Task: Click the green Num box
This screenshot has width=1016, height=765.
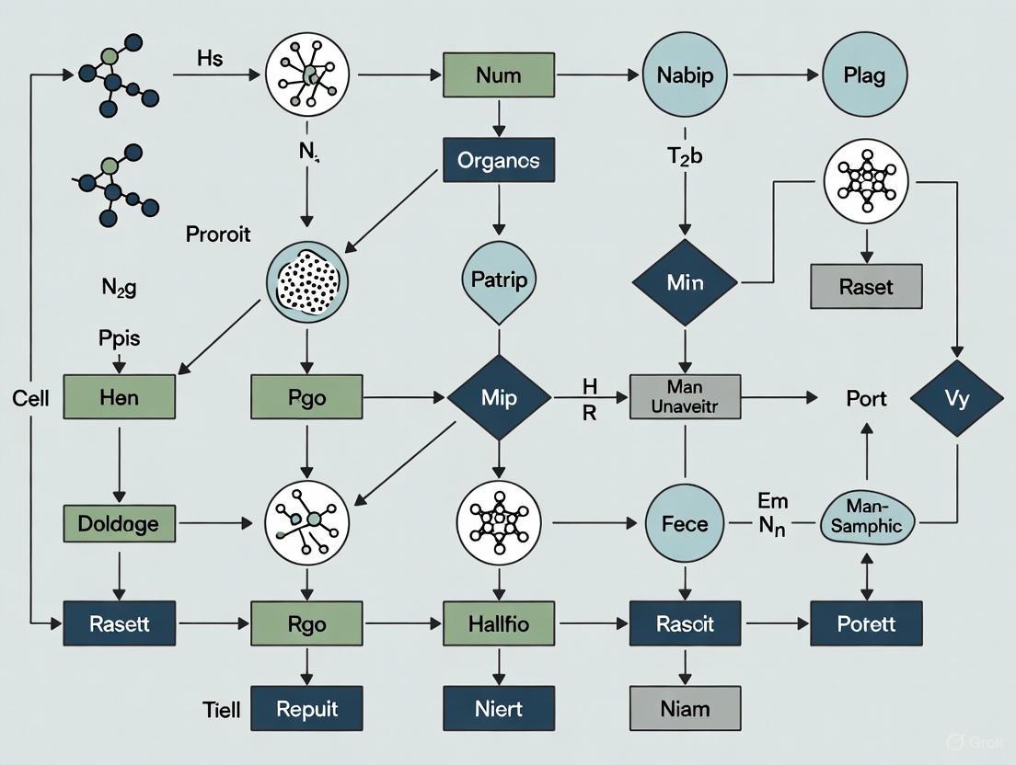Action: [498, 74]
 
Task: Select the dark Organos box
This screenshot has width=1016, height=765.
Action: [498, 160]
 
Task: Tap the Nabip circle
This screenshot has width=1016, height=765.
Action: [684, 75]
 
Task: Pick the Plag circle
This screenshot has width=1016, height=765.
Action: [864, 75]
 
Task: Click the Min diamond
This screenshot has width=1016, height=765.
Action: [684, 282]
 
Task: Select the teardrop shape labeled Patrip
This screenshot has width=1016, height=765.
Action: [498, 280]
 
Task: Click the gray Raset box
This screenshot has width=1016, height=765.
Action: [866, 286]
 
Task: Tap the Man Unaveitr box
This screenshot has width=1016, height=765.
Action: [685, 397]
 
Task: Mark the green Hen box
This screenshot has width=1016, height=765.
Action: [120, 397]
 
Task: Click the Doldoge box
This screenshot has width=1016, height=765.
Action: [119, 524]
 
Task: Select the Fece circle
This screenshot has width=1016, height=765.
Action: [685, 524]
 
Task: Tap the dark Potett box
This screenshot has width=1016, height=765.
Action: [865, 623]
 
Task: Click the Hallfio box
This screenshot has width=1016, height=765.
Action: [498, 623]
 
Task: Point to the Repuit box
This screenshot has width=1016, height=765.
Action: [306, 709]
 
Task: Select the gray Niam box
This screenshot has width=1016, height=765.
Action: [685, 709]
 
